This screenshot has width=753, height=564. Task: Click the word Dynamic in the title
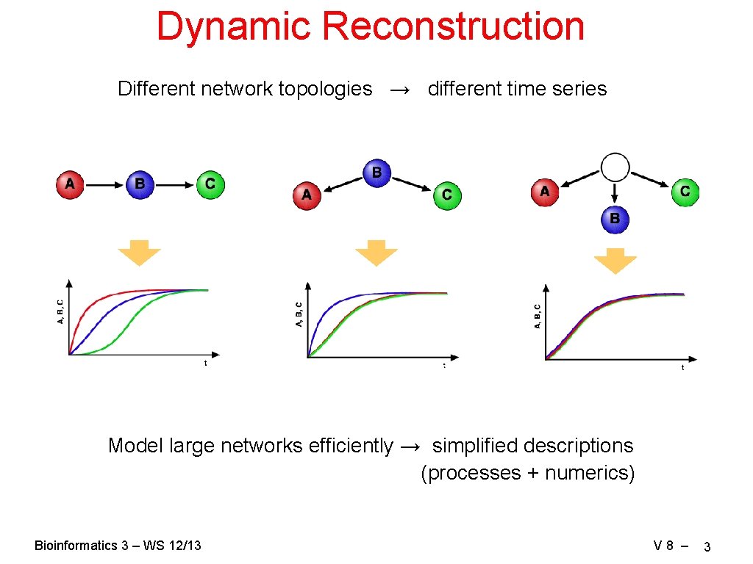[x=234, y=26]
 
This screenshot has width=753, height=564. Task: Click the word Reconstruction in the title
[x=452, y=26]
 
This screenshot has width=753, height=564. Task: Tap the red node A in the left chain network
[x=70, y=184]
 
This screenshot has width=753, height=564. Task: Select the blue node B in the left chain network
[x=140, y=184]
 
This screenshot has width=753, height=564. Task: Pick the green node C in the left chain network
[x=210, y=184]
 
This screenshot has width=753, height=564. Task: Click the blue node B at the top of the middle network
[x=376, y=173]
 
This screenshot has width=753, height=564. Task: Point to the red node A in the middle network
[x=307, y=195]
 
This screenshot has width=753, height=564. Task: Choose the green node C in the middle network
[x=446, y=195]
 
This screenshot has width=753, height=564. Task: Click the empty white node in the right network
[x=615, y=167]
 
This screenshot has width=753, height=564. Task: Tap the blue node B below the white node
[x=615, y=219]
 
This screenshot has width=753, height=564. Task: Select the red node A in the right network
[x=545, y=192]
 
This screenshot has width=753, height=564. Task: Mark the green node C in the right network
[x=685, y=192]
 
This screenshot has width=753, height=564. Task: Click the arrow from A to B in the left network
[x=104, y=184]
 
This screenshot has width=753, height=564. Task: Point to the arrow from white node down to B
[x=615, y=192]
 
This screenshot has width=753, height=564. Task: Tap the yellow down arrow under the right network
[x=615, y=260]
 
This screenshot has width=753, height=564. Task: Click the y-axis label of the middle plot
[x=299, y=314]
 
